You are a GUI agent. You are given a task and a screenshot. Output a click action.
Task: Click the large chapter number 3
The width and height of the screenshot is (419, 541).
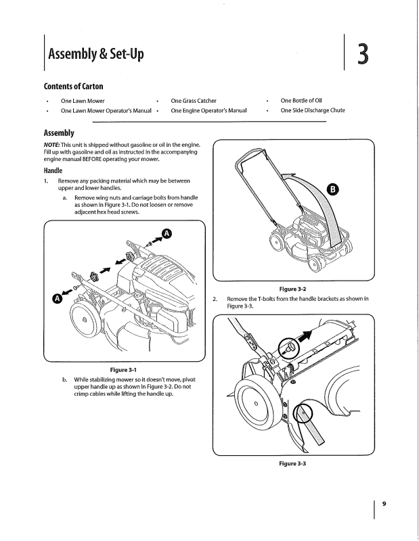click(x=363, y=53)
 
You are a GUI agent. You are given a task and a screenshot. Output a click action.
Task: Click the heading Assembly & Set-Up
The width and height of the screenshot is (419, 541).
click(x=95, y=53)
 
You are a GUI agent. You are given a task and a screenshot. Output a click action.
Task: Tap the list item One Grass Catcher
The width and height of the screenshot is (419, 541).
click(x=194, y=100)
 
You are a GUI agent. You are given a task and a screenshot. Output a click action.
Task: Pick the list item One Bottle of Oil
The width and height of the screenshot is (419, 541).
click(x=305, y=100)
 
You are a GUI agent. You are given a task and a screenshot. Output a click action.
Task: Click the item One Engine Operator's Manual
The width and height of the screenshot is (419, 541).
click(x=208, y=110)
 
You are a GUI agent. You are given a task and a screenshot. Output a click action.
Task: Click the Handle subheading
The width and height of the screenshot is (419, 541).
click(x=56, y=171)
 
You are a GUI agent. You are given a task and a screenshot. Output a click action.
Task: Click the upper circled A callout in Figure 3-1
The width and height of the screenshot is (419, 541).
click(x=167, y=235)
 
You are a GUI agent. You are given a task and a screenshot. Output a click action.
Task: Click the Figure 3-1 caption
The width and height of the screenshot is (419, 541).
click(x=123, y=369)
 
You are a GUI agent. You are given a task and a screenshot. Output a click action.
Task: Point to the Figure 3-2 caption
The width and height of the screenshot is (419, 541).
click(x=293, y=288)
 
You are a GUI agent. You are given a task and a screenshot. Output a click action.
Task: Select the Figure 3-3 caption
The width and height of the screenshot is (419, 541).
click(x=293, y=464)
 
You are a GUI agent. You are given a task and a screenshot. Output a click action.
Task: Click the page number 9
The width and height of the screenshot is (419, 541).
click(x=384, y=503)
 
